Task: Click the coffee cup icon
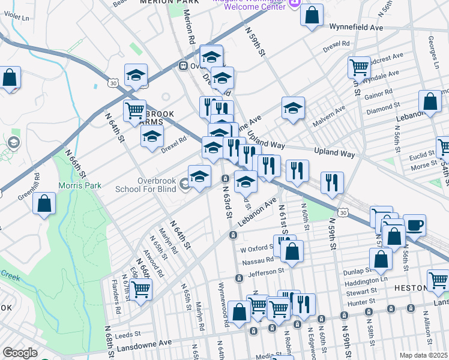[414, 226]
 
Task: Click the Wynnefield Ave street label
[356, 27]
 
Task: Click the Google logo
[20, 353]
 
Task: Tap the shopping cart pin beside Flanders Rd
[140, 290]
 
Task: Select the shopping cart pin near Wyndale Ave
[359, 68]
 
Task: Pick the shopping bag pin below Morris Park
[45, 203]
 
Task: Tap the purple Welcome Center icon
[294, 4]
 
